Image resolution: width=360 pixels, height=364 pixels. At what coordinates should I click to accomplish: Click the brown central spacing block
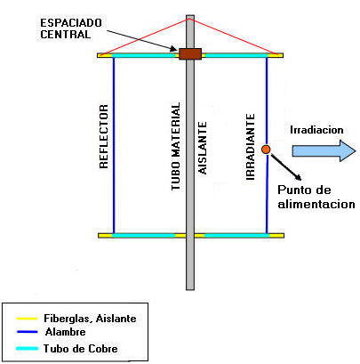[189, 54]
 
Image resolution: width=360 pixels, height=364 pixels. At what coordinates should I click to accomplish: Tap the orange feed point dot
[266, 149]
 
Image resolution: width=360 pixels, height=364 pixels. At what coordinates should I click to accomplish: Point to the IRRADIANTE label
[252, 146]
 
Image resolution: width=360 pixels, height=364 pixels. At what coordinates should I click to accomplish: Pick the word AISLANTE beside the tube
[204, 151]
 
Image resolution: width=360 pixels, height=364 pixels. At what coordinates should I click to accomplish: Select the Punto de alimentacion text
[316, 197]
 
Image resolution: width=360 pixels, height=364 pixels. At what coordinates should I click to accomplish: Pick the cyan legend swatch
[20, 347]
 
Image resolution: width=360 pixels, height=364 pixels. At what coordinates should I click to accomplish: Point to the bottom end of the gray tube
[189, 286]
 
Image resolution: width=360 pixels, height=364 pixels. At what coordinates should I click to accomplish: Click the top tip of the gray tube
[189, 17]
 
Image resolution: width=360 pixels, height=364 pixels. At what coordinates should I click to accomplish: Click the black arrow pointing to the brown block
[156, 40]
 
